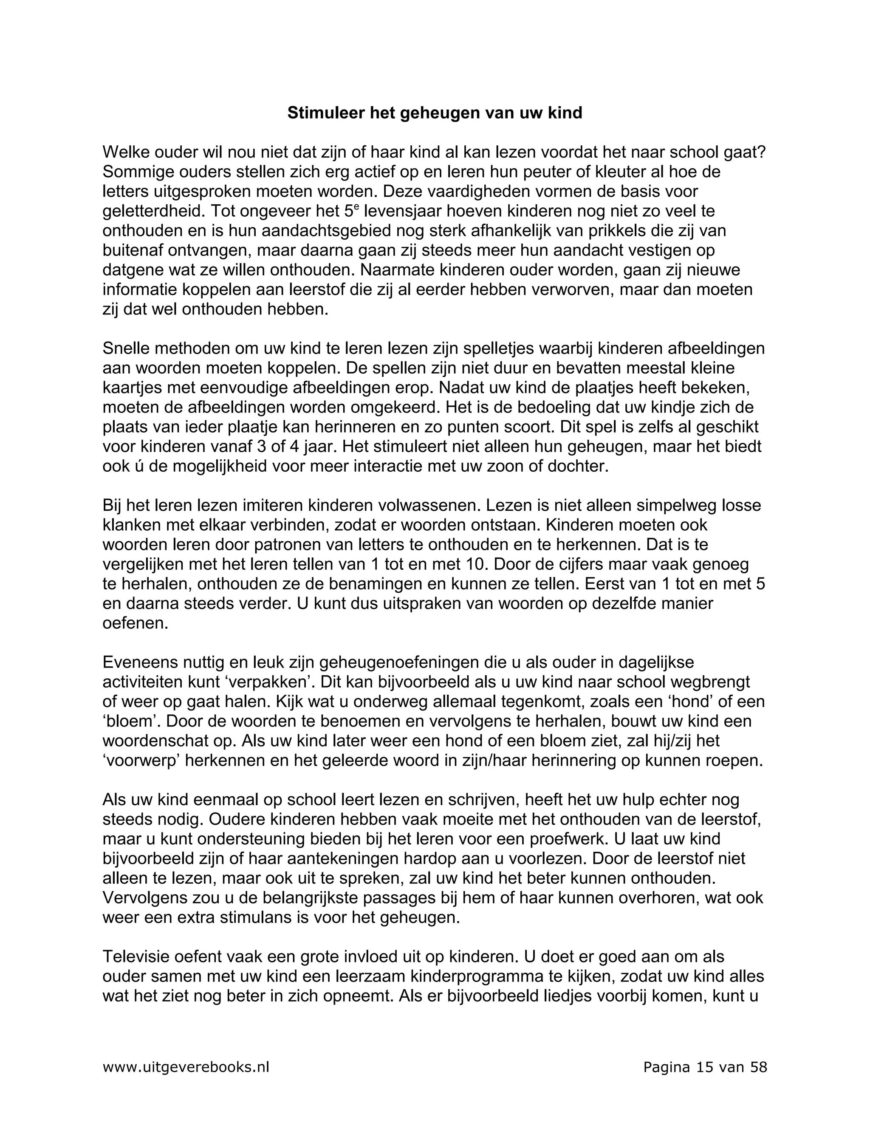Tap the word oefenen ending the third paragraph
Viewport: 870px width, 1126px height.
[135, 623]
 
